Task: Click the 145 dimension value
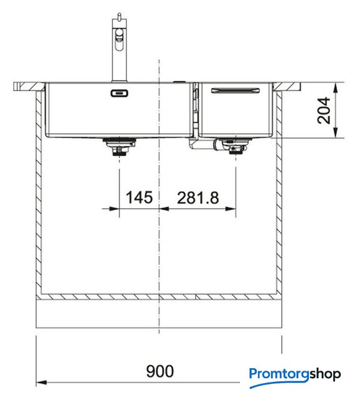click(x=139, y=197)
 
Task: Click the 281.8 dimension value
click(x=198, y=197)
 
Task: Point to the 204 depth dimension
click(x=324, y=111)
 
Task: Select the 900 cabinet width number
click(x=160, y=371)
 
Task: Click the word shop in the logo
click(x=325, y=374)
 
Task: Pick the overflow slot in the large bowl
click(x=119, y=93)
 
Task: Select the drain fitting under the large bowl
click(x=119, y=147)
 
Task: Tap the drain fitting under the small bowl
click(x=232, y=146)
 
